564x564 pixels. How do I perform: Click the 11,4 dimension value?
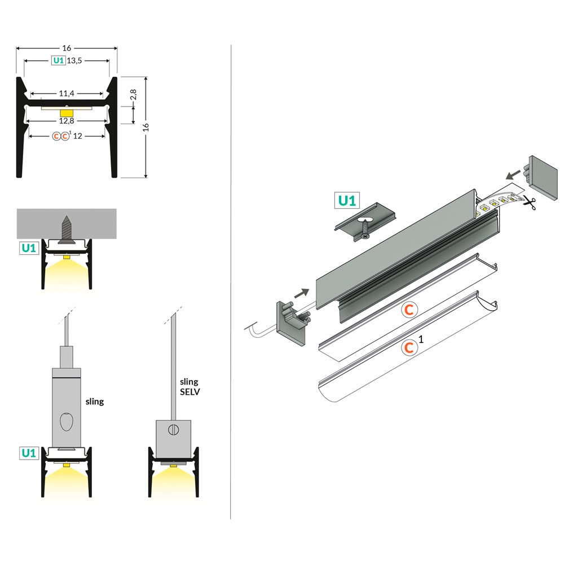[x=67, y=94]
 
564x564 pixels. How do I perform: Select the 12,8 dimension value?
[x=67, y=121]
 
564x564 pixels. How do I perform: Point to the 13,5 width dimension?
[x=75, y=60]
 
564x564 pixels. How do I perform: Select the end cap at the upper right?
[x=543, y=177]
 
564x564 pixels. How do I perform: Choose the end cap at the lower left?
[x=291, y=324]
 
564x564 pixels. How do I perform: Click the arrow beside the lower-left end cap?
[x=302, y=292]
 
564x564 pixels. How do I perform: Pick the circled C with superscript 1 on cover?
[x=408, y=348]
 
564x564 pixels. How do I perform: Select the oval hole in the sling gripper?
[x=67, y=421]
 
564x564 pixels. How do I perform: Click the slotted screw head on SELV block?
[x=174, y=430]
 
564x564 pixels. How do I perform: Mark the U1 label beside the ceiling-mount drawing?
[x=29, y=247]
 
